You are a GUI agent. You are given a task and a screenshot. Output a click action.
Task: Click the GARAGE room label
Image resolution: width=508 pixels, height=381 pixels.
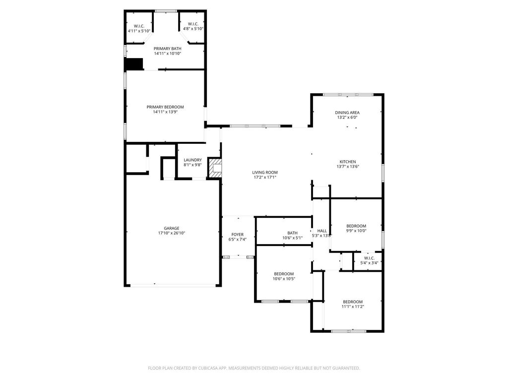pos(171,228)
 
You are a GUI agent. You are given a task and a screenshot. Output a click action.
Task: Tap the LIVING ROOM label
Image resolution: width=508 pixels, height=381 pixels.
pos(265,172)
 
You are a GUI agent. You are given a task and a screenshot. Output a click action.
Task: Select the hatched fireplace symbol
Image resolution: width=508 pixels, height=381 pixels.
pos(215,168)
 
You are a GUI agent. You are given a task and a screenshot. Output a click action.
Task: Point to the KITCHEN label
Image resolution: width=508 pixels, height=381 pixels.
pos(348,162)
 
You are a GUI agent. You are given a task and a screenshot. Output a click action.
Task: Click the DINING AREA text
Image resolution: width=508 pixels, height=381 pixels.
pos(347,113)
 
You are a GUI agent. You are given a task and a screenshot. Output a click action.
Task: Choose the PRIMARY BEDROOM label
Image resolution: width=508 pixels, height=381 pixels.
pos(165,107)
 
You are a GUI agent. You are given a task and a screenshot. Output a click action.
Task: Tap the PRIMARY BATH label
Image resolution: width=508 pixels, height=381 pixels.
pos(168,49)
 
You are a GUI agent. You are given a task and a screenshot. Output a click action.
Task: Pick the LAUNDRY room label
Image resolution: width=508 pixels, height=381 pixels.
pos(193,160)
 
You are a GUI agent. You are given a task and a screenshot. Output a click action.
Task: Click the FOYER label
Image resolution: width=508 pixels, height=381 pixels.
pos(238,235)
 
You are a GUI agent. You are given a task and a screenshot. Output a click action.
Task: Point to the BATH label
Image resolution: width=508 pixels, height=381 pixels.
pos(293,233)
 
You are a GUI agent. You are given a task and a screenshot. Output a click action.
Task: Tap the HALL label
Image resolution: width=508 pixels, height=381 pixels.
pos(322,231)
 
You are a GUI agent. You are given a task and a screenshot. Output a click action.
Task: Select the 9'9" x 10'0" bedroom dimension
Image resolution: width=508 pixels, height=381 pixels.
pos(356,231)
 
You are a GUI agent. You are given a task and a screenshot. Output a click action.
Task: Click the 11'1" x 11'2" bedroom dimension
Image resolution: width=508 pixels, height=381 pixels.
pos(353,307)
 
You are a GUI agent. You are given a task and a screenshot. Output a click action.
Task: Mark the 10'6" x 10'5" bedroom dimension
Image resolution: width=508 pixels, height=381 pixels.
pos(284,279)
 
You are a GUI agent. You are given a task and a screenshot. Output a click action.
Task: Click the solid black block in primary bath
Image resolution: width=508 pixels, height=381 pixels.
pos(134,64)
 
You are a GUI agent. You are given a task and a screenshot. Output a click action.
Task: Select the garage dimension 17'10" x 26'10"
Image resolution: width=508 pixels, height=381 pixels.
pos(171,233)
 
